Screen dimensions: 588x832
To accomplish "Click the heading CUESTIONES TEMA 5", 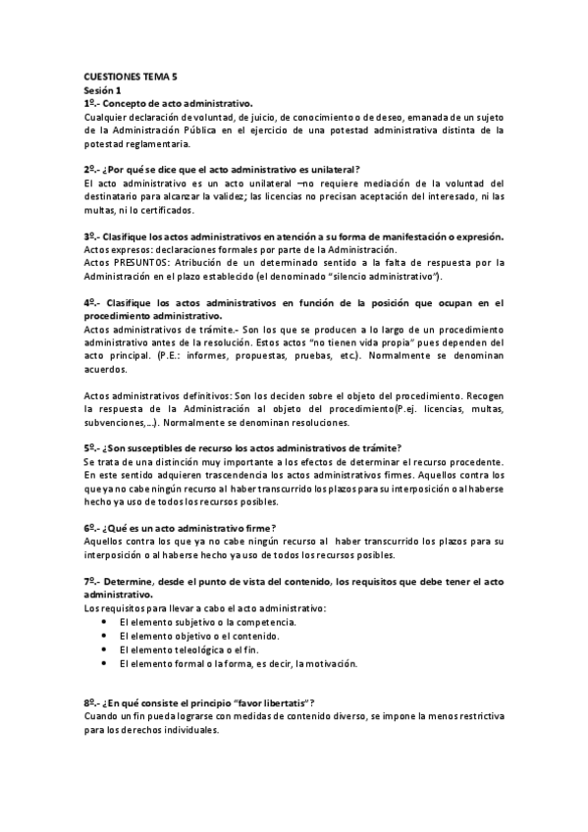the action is pos(123,77).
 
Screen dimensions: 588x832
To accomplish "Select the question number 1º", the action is pos(90,103).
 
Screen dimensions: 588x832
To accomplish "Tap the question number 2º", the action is pos(90,169).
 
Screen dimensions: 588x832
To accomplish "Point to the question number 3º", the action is pos(90,235).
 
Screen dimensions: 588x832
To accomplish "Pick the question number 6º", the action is pos(90,528).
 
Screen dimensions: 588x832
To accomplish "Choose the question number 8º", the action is pos(90,702).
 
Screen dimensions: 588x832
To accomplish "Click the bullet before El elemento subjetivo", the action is pos(105,622).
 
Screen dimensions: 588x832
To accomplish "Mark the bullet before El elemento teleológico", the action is pos(105,650).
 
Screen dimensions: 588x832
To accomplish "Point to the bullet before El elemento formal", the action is pos(105,663).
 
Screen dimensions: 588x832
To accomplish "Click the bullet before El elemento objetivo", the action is pos(105,636).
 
